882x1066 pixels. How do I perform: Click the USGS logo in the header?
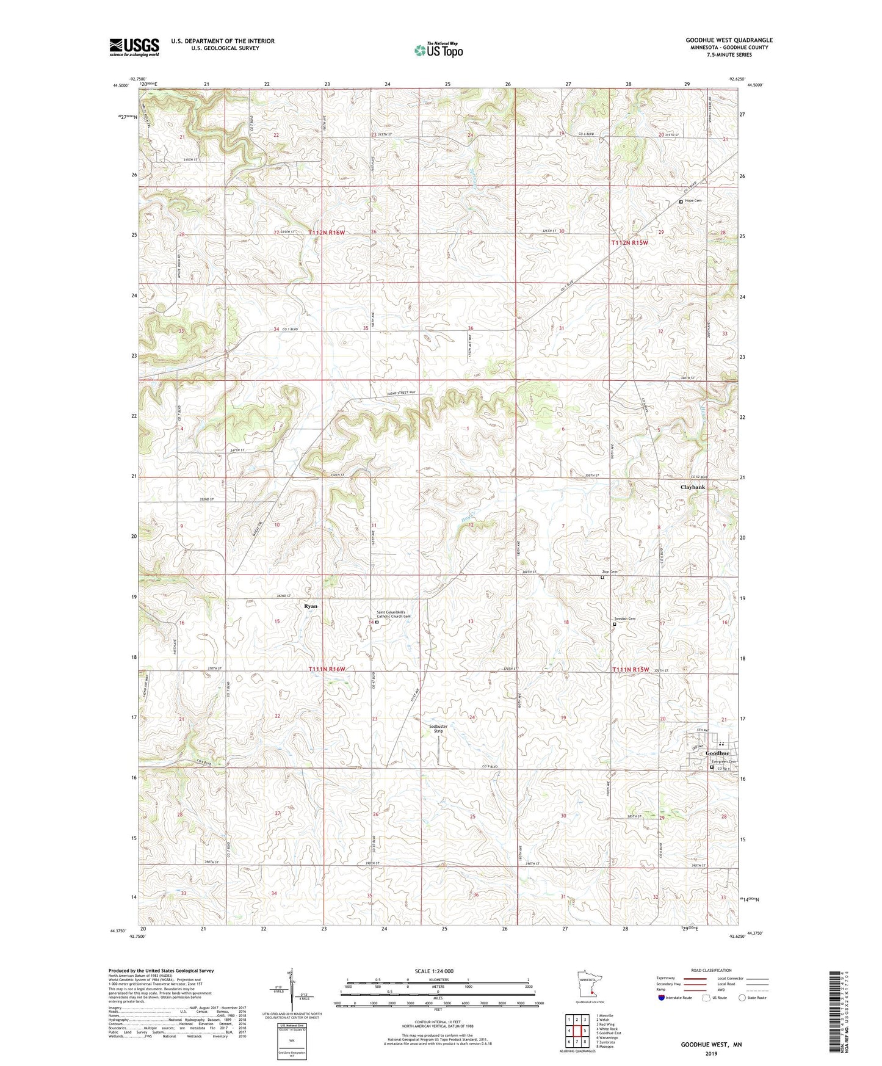tap(134, 47)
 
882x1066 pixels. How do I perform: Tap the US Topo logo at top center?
tap(438, 50)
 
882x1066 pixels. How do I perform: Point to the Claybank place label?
tap(693, 487)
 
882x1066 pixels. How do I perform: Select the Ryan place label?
tap(311, 606)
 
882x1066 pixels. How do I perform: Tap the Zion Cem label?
tap(610, 572)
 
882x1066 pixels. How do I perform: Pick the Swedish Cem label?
tap(624, 619)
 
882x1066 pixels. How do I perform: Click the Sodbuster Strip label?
tap(438, 728)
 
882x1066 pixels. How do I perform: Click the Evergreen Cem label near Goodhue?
tap(725, 761)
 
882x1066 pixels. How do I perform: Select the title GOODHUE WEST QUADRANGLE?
tap(729, 40)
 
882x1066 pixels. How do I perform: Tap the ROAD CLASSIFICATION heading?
tap(711, 970)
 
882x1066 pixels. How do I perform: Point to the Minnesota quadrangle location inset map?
tap(589, 982)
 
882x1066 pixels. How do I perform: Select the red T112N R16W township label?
tap(327, 233)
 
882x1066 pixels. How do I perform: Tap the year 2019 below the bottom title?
tap(711, 1053)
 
